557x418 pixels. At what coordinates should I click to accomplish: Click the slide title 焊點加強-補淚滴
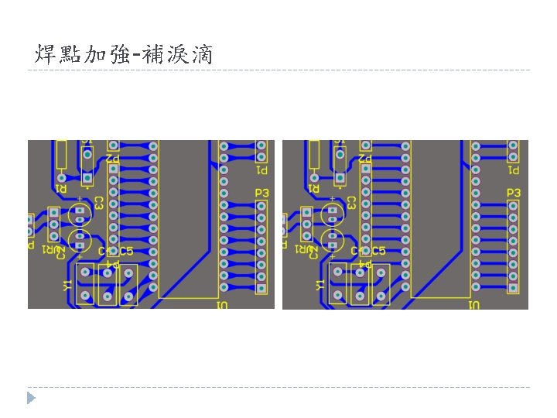pos(124,55)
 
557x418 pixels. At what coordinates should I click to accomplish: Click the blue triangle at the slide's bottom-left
pos(31,398)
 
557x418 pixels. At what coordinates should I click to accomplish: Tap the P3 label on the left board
pos(262,192)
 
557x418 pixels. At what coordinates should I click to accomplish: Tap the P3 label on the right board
pos(514,192)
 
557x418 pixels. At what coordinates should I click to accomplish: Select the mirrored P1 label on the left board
pos(262,170)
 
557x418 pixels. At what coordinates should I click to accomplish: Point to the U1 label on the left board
pos(222,306)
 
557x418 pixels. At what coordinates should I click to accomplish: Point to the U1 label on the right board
pos(474,306)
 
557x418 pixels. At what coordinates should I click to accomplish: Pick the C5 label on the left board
pos(126,251)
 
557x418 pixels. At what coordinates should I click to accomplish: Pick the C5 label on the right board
pos(378,251)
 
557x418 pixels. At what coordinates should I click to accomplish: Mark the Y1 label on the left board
pos(67,286)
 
